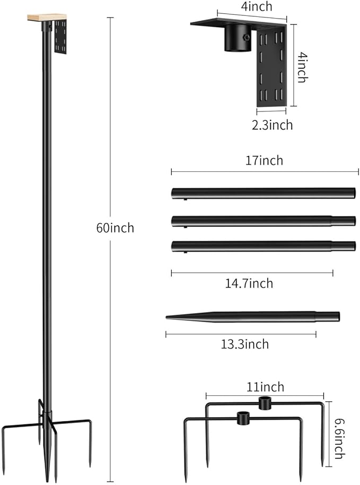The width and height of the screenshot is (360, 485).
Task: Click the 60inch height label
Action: (115, 228)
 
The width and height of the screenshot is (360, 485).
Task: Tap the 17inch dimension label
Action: (265, 160)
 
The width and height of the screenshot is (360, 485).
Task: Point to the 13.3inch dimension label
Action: (244, 344)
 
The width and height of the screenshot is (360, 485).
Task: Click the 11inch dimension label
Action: (265, 387)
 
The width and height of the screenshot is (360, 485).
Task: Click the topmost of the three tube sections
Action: (263, 193)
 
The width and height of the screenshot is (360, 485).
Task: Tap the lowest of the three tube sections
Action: (263, 246)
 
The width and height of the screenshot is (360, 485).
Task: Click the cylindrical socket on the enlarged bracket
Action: (238, 39)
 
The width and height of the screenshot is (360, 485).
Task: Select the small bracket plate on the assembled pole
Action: (60, 38)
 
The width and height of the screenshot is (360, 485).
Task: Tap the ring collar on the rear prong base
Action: (264, 403)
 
